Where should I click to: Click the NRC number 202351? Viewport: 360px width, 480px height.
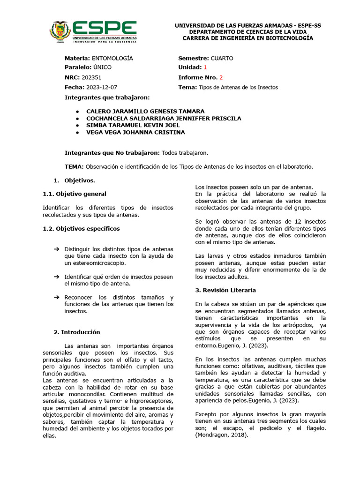(x=91, y=77)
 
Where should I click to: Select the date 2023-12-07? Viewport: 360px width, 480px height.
(x=102, y=87)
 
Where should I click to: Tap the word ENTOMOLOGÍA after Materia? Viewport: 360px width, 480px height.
(x=112, y=58)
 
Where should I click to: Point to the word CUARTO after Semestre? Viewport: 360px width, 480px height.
(x=222, y=58)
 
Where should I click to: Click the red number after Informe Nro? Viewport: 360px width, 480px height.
(x=221, y=77)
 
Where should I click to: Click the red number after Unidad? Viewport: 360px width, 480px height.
(x=205, y=67)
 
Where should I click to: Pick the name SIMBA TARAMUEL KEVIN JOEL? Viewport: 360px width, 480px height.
(x=133, y=125)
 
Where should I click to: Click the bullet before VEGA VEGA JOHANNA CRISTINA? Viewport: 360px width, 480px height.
(x=77, y=132)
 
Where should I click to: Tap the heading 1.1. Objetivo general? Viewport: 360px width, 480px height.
(x=75, y=194)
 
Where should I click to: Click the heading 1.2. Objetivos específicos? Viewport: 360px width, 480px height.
(x=81, y=228)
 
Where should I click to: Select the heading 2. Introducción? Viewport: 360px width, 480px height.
(x=77, y=332)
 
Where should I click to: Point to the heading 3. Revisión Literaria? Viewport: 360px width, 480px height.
(x=225, y=290)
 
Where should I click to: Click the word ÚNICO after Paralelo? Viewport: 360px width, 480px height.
(x=102, y=67)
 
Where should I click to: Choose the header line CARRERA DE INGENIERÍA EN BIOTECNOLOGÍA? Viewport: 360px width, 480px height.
(x=247, y=38)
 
